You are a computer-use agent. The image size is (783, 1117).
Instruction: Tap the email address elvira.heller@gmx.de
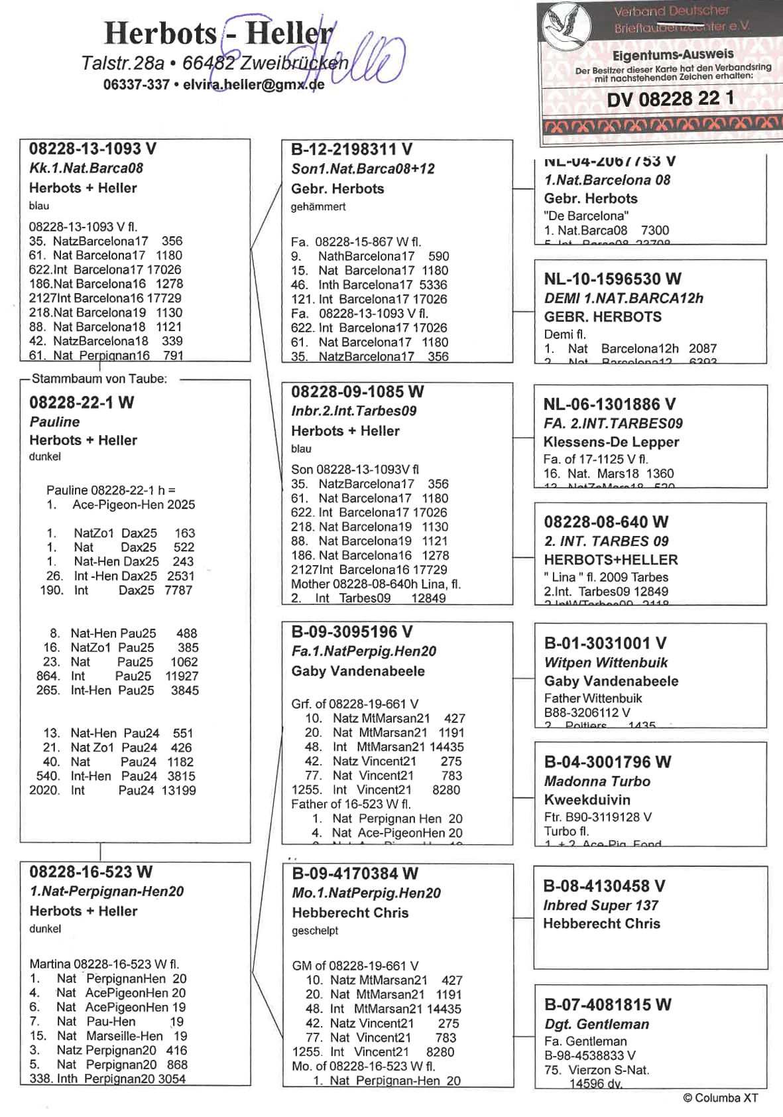point(253,85)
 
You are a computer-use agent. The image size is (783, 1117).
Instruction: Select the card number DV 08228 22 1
point(670,99)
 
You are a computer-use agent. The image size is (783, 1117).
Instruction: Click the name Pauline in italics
point(54,422)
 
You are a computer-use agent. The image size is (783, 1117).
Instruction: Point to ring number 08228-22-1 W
point(82,403)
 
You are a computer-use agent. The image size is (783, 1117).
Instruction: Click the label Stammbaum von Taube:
point(99,379)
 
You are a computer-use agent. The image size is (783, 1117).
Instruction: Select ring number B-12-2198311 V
point(351,150)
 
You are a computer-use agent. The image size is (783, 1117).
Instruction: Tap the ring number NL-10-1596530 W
point(612,279)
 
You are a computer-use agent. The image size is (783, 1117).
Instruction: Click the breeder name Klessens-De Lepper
point(611,442)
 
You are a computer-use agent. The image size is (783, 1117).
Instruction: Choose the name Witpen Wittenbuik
point(605,662)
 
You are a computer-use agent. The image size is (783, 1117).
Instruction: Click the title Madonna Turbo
point(597,781)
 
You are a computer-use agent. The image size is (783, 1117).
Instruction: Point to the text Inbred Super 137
point(600,905)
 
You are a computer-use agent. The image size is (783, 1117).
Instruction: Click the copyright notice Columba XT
point(720,1098)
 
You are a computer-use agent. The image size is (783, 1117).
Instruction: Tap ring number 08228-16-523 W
point(91,872)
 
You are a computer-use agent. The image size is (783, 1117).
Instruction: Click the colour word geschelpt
point(315,931)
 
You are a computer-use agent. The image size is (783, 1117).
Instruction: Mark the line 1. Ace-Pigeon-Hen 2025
point(121,505)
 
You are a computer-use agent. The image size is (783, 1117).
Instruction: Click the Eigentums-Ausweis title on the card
point(672,55)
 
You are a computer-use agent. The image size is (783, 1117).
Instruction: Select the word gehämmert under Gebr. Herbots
point(318,207)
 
